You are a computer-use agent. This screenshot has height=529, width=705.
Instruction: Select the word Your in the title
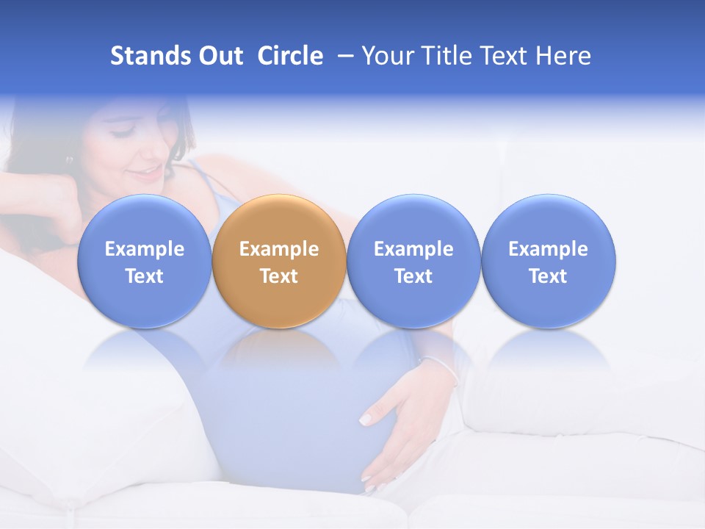pos(386,56)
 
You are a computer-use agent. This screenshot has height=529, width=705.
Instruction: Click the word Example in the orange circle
pos(279,249)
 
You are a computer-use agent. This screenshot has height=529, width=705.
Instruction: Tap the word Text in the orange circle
pos(279,276)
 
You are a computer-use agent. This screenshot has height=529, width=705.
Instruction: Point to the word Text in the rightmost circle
pos(549,276)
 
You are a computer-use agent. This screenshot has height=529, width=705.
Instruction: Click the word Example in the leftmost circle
pos(144,249)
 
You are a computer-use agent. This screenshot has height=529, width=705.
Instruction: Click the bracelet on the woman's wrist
pos(439,365)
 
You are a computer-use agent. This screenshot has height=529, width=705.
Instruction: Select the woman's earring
pos(70,159)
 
